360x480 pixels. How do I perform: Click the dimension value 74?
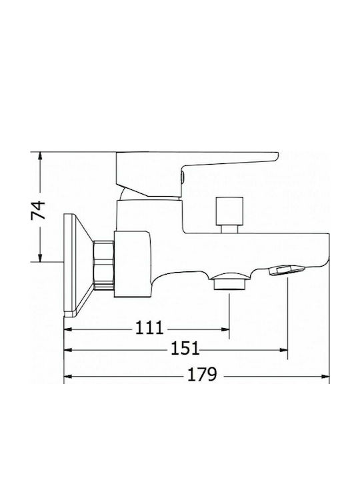[x=38, y=210]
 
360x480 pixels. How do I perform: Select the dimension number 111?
[x=150, y=327]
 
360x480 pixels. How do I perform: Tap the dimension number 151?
[x=185, y=348]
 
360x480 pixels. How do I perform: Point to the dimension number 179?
[x=202, y=374]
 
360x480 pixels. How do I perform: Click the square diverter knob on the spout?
[x=229, y=211]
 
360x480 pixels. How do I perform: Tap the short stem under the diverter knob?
[x=229, y=229]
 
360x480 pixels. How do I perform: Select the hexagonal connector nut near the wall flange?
[x=103, y=265]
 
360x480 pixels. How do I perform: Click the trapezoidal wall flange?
[x=78, y=265]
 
